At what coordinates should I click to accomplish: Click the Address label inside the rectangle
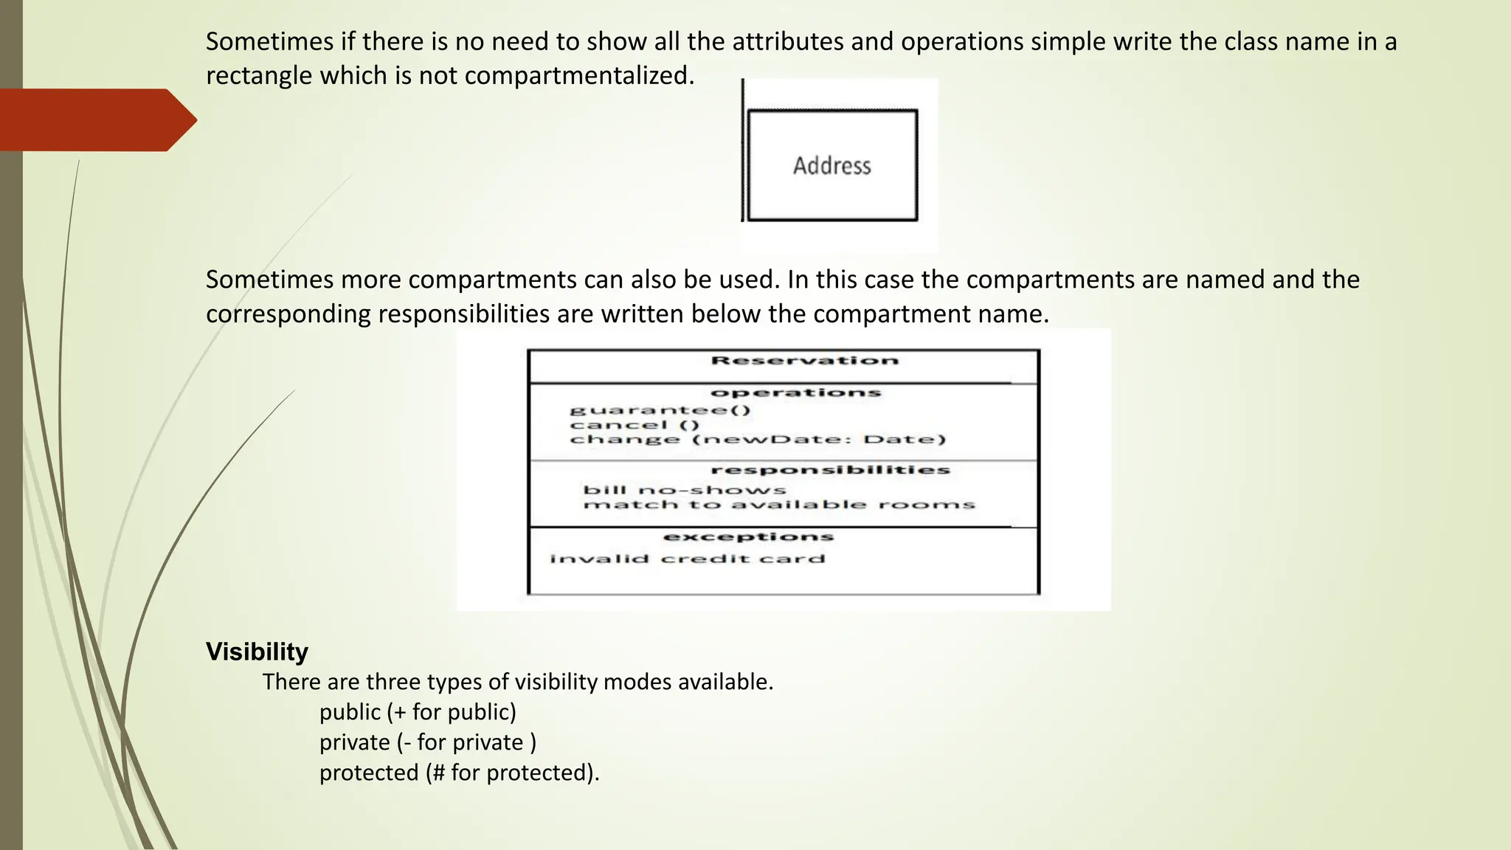pyautogui.click(x=831, y=166)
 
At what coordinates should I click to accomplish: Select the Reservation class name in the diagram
pyautogui.click(x=805, y=361)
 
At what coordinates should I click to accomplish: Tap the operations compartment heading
pyautogui.click(x=796, y=393)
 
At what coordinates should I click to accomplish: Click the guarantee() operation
pyautogui.click(x=660, y=410)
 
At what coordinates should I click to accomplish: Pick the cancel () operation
pyautogui.click(x=635, y=425)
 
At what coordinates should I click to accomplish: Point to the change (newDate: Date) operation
pyautogui.click(x=758, y=440)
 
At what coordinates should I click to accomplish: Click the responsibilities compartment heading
pyautogui.click(x=830, y=470)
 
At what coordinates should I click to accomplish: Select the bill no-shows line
pyautogui.click(x=685, y=490)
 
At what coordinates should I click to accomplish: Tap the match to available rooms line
pyautogui.click(x=779, y=505)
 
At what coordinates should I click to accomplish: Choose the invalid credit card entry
pyautogui.click(x=687, y=559)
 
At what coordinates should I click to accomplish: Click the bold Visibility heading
pyautogui.click(x=257, y=652)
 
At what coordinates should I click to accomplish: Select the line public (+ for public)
pyautogui.click(x=418, y=712)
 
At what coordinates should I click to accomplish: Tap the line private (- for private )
pyautogui.click(x=428, y=742)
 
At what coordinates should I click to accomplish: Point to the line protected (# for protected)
pyautogui.click(x=459, y=773)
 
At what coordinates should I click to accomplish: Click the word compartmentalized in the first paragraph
pyautogui.click(x=579, y=75)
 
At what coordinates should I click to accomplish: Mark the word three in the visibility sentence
pyautogui.click(x=395, y=682)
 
